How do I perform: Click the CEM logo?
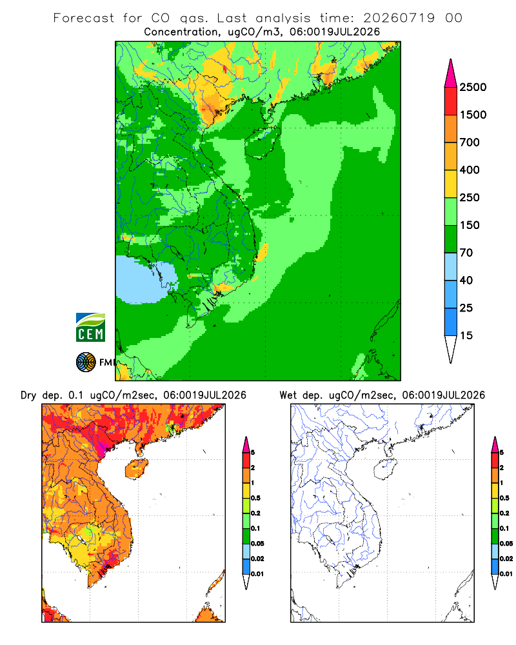click(90, 328)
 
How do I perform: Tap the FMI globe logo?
click(86, 362)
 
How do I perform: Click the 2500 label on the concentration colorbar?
click(473, 87)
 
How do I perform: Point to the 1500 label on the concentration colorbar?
click(473, 115)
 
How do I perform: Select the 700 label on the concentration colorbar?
click(470, 143)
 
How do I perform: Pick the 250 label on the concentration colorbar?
click(470, 197)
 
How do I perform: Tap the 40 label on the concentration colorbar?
click(466, 280)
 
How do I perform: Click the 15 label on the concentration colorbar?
click(466, 335)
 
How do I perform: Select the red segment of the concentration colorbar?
click(451, 101)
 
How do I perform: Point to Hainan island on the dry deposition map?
click(136, 469)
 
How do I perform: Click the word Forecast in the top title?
click(84, 18)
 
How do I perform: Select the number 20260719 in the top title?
click(399, 18)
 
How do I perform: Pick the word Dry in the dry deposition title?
click(28, 395)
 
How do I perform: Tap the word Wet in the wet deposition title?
click(288, 395)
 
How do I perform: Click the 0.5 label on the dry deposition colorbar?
click(255, 498)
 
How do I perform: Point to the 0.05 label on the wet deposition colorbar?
click(506, 543)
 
